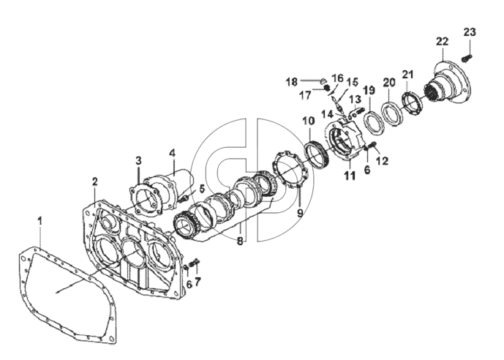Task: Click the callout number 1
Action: (x=40, y=221)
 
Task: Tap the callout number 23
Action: (x=470, y=32)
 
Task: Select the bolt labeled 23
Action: (x=467, y=59)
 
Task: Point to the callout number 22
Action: (x=443, y=42)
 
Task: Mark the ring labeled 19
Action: (x=372, y=122)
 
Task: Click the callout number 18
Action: (x=292, y=82)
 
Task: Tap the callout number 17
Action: (x=305, y=95)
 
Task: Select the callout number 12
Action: (x=383, y=160)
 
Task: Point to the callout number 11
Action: (x=350, y=176)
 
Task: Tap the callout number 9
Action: (x=300, y=213)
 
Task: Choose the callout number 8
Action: (x=240, y=241)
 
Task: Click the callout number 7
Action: (x=198, y=282)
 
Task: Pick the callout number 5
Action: (x=202, y=189)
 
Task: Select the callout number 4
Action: (x=173, y=153)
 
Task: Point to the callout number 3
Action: (x=138, y=160)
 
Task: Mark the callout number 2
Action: (x=94, y=181)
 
